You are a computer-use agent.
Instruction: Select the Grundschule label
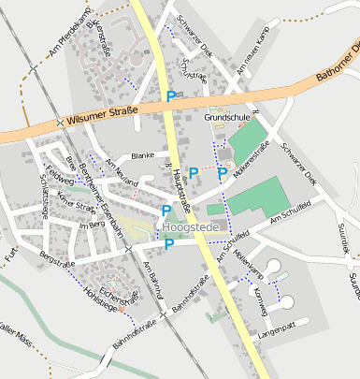[x=226, y=117]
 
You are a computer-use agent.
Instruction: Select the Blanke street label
[x=142, y=155]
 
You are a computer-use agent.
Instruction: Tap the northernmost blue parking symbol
[x=170, y=95]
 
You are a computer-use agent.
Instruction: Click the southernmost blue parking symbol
[x=169, y=245]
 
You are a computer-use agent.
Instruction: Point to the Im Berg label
[x=91, y=225]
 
